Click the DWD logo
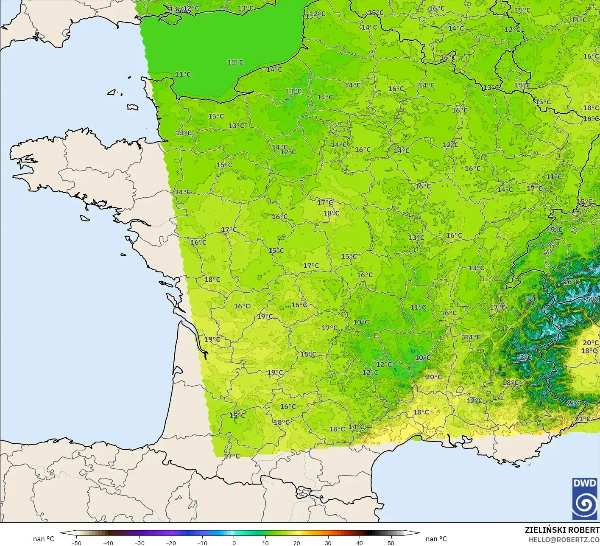coord(585,498)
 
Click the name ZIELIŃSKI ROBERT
coord(562,530)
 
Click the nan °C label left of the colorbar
coord(44,539)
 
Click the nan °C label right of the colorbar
coord(436,539)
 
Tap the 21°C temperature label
coord(583,419)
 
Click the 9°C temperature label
coord(556,230)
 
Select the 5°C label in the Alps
coord(532,299)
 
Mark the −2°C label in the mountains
coord(525,358)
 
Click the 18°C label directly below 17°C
coord(331,213)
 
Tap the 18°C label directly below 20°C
coord(589,351)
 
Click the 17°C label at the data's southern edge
coord(232,456)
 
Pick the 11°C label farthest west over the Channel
coord(183,74)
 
